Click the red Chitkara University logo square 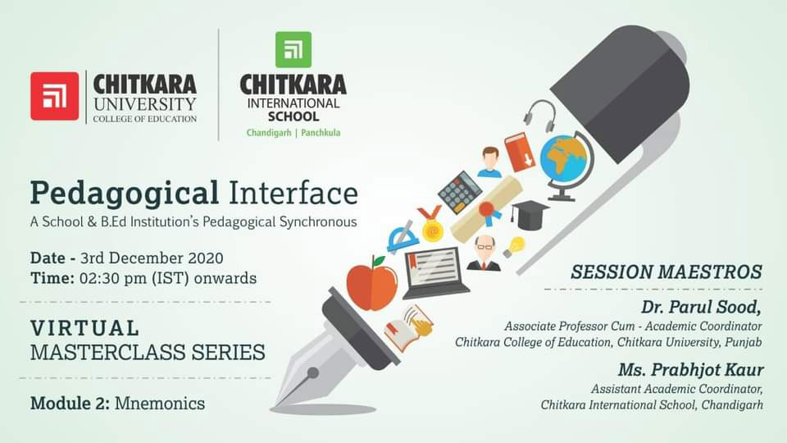pyautogui.click(x=54, y=96)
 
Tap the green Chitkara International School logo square pyautogui.click(x=293, y=49)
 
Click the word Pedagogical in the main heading pyautogui.click(x=125, y=194)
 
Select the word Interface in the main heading pyautogui.click(x=293, y=193)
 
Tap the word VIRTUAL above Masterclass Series pyautogui.click(x=84, y=328)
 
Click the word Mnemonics pyautogui.click(x=160, y=404)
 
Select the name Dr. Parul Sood pyautogui.click(x=701, y=308)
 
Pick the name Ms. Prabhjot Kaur pyautogui.click(x=690, y=370)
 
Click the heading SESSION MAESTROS pyautogui.click(x=666, y=272)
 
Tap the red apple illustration pyautogui.click(x=372, y=284)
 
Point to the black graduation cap pyautogui.click(x=529, y=214)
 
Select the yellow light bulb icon pyautogui.click(x=514, y=247)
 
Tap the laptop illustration pyautogui.click(x=434, y=272)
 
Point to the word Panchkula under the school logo pyautogui.click(x=321, y=133)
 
